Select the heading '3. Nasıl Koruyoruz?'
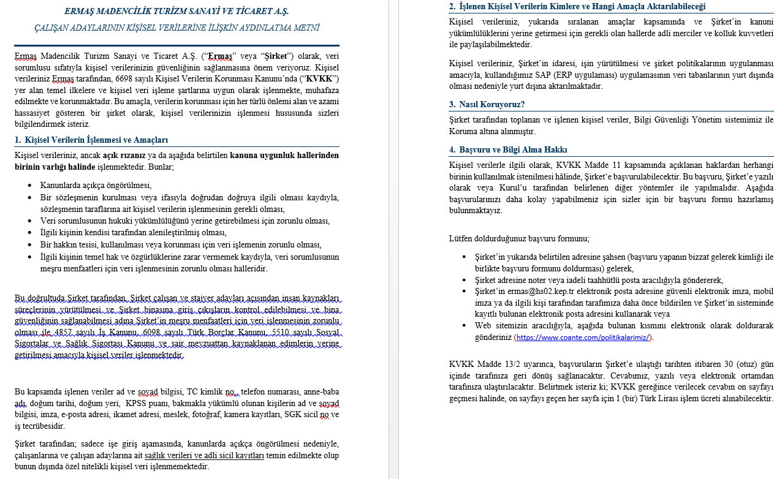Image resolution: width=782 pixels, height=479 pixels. pos(487,104)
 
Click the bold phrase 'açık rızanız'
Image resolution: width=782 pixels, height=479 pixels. pos(124,155)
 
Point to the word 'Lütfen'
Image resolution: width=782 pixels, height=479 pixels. pos(461,238)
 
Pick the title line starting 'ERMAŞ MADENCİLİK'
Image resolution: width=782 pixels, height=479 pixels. pos(177,11)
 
